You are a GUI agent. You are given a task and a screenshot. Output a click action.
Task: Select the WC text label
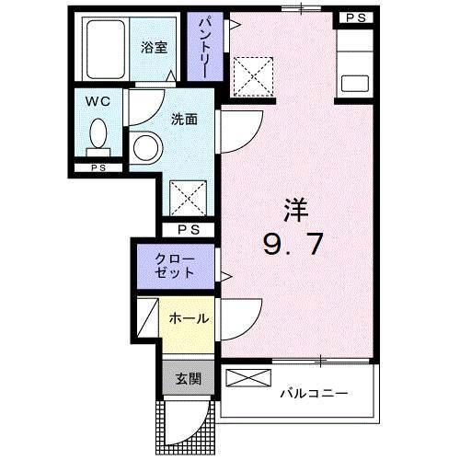(98, 102)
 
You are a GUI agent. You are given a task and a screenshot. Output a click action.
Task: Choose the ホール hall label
(188, 318)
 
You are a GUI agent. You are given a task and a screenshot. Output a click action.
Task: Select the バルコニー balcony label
(314, 394)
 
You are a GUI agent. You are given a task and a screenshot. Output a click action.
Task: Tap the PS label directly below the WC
(98, 167)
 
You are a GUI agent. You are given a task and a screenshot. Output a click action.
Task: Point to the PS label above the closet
(189, 229)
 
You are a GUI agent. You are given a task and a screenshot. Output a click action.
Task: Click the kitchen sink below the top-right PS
(355, 81)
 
